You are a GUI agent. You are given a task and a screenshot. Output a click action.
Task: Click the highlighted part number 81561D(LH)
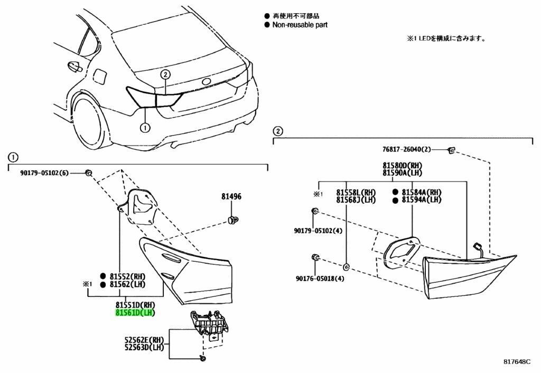135,313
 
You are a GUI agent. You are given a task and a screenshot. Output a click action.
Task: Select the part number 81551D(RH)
135,305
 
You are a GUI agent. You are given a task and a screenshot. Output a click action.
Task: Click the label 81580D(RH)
403,165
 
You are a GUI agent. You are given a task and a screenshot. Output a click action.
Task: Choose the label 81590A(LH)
403,173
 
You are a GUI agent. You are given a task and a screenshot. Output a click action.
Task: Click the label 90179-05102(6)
45,173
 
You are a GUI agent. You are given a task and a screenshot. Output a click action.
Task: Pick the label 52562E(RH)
144,340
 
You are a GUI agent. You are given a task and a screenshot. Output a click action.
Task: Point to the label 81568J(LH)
356,199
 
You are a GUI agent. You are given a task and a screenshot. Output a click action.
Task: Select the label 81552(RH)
127,276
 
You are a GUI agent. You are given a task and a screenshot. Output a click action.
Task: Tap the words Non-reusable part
300,25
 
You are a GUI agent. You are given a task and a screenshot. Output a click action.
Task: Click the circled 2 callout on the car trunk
165,74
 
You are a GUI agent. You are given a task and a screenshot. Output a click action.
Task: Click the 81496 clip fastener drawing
231,218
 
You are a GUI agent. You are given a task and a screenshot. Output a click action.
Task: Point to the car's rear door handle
73,66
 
